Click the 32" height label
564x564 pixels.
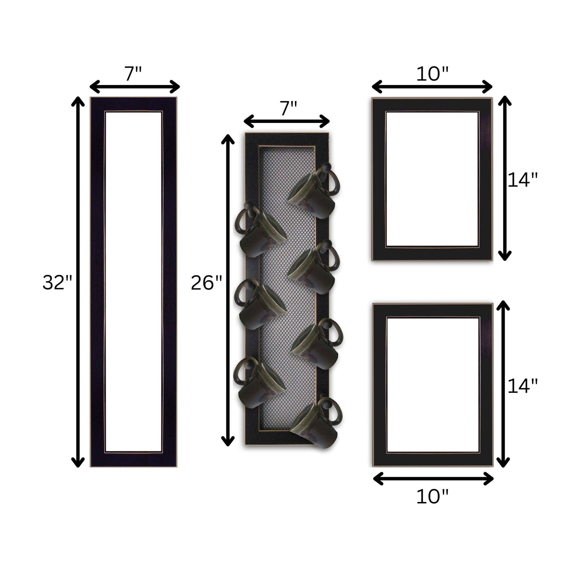pos(57,283)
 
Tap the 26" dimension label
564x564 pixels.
pos(206,283)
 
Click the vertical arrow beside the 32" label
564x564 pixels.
pos(78,282)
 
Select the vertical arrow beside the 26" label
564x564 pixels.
pos(228,290)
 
